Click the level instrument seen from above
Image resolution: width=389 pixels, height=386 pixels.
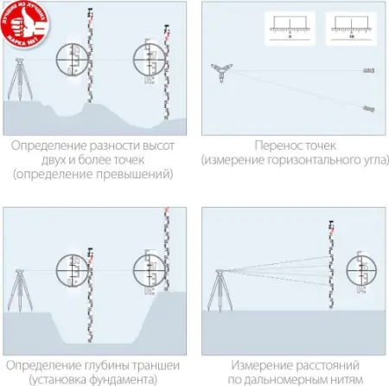[x=222, y=70]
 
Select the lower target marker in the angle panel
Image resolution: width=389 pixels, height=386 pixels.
[x=368, y=107]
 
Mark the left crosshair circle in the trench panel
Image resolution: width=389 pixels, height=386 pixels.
[x=73, y=271]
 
